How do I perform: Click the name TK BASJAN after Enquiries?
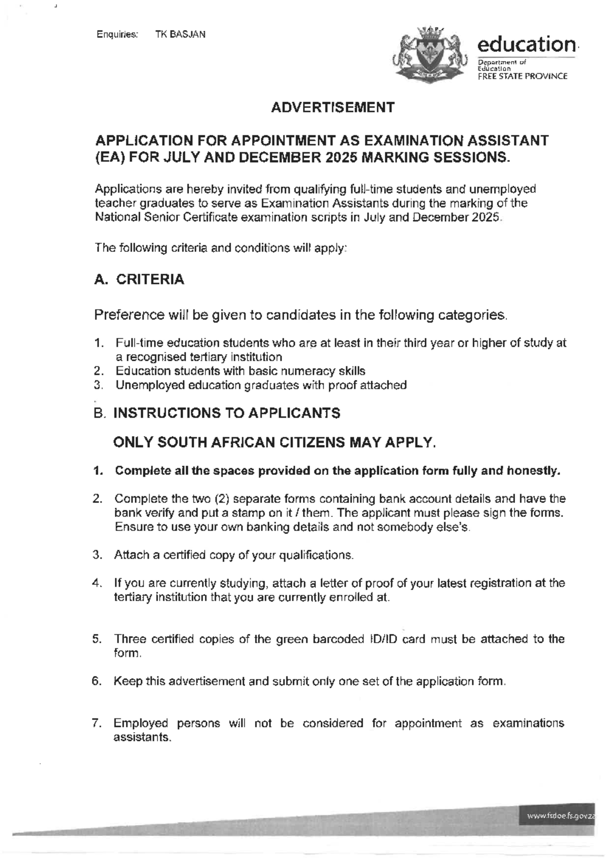180,35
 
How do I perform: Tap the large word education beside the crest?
526,44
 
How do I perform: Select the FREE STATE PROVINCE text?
522,76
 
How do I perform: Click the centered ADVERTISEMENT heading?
332,107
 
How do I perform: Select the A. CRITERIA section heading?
139,279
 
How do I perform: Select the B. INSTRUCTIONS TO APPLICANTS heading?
217,413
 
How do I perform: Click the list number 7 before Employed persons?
96,723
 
